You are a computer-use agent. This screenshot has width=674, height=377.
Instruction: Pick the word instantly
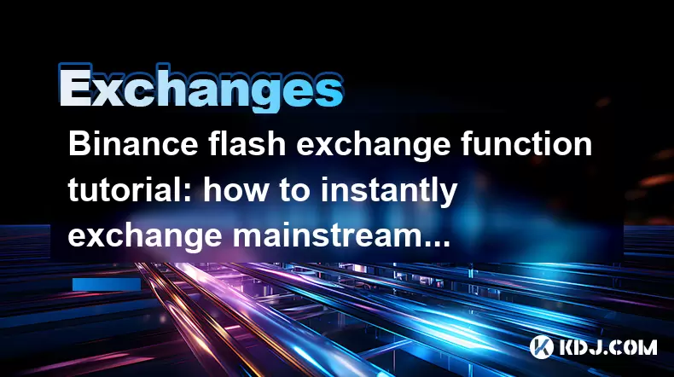tap(389, 192)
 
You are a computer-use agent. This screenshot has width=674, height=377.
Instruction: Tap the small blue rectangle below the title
tap(107, 284)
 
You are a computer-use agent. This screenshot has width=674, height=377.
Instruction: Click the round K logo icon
tap(542, 347)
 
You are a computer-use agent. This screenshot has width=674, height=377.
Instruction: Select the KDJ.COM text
tap(608, 347)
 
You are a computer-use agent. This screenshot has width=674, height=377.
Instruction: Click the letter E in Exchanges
tap(75, 86)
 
